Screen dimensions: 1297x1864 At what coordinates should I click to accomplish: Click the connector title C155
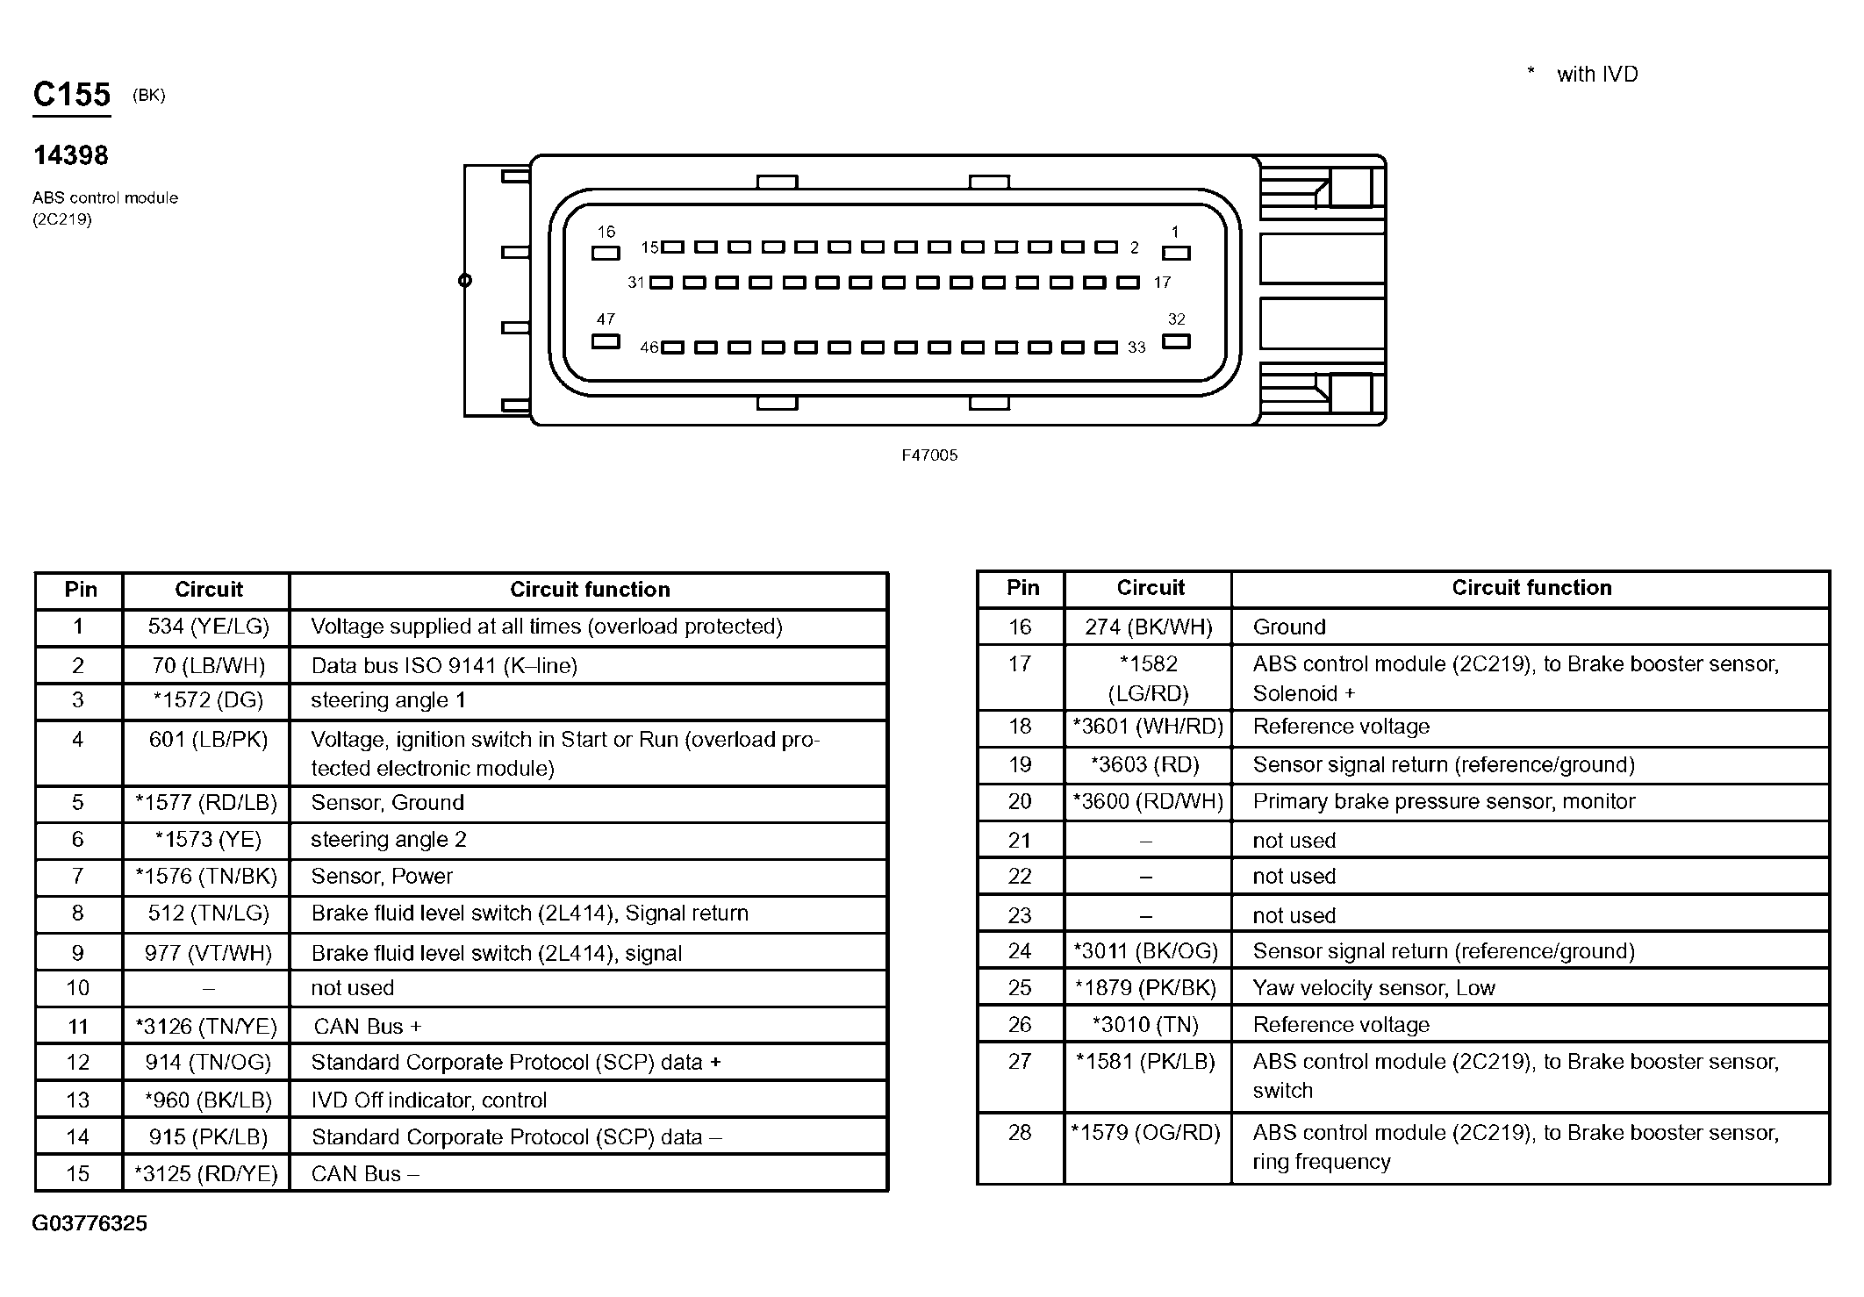[72, 95]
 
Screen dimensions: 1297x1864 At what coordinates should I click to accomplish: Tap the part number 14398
[71, 156]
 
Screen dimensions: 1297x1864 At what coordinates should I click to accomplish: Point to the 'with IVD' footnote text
[1596, 75]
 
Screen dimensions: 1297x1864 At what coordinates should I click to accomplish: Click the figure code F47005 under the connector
[929, 455]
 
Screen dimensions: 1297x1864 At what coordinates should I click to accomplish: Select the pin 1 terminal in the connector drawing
[1175, 254]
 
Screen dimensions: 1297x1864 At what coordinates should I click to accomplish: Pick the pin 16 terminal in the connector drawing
[606, 254]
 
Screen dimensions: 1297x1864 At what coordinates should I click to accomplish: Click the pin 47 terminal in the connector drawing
[606, 341]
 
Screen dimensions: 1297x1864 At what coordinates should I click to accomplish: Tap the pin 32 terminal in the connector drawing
[1175, 341]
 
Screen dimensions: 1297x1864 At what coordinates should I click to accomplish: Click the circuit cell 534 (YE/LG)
[208, 627]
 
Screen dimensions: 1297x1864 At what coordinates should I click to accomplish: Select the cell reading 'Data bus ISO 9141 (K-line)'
[444, 666]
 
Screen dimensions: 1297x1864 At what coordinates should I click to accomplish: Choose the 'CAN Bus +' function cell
[368, 1026]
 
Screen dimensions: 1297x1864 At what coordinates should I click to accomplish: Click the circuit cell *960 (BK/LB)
[208, 1100]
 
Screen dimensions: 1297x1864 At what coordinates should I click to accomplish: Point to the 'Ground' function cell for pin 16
[1289, 627]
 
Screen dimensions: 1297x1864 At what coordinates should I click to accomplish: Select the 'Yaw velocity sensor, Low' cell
[1373, 988]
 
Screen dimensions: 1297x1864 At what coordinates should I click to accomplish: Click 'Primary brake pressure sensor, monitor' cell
[1444, 801]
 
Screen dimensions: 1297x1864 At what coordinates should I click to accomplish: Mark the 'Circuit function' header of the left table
[590, 590]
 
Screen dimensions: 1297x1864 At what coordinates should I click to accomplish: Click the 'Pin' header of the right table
[1022, 588]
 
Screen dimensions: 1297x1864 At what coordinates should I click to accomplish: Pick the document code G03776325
[90, 1223]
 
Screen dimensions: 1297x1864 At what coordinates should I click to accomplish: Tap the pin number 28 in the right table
[1020, 1133]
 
